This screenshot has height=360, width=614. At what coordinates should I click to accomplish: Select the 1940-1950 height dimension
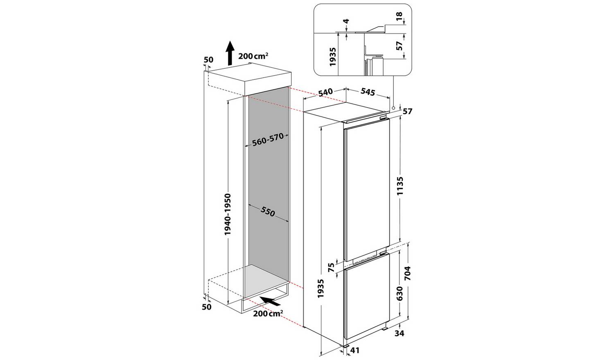click(x=228, y=214)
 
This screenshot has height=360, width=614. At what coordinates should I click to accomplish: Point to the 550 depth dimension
click(x=268, y=211)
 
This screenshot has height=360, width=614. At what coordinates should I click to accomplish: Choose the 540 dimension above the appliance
click(x=325, y=92)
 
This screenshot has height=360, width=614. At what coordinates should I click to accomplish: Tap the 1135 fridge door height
click(x=400, y=186)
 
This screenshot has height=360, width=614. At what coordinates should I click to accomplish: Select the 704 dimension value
click(x=408, y=273)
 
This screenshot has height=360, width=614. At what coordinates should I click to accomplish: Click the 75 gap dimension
click(x=332, y=267)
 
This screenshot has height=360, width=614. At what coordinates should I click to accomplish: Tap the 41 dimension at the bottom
click(x=355, y=350)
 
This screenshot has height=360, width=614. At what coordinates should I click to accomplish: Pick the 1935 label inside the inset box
click(x=332, y=57)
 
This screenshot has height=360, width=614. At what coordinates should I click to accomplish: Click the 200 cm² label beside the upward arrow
click(x=253, y=56)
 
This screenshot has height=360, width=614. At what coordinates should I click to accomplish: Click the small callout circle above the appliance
click(x=393, y=108)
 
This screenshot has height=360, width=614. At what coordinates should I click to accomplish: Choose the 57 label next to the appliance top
click(x=408, y=112)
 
